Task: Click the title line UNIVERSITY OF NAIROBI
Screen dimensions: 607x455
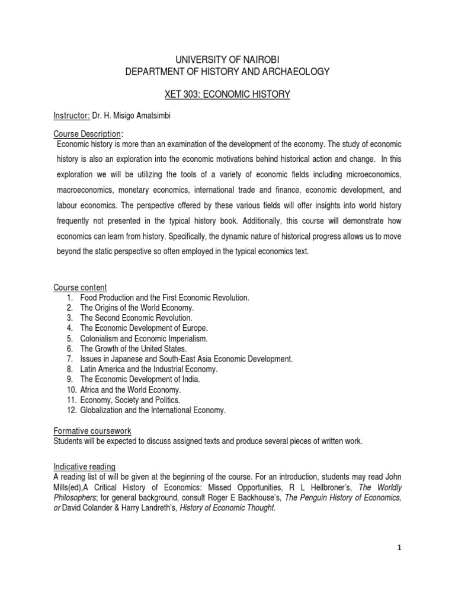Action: coord(227,59)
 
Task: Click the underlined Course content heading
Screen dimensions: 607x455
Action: coord(80,287)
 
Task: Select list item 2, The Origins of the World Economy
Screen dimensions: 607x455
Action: coord(137,308)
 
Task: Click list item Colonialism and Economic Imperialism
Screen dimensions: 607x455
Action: coord(144,338)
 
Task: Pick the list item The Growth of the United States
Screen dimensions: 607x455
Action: coord(133,349)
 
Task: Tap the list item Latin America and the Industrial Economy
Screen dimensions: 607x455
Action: coord(149,369)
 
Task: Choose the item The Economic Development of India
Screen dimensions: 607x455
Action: coord(140,379)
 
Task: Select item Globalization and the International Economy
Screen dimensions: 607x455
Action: coord(153,410)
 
